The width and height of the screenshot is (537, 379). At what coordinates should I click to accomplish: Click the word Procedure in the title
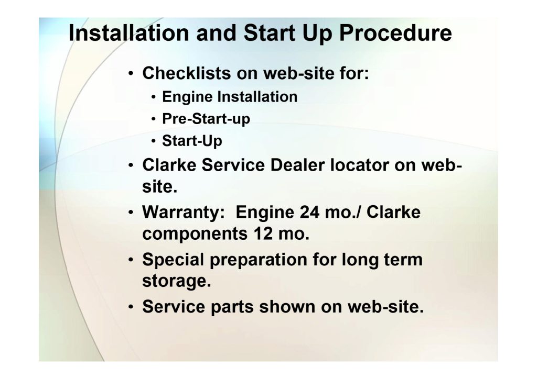[395, 33]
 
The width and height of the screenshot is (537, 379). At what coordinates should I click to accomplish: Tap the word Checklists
[187, 73]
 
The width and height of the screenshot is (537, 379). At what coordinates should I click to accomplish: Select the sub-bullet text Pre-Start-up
[206, 119]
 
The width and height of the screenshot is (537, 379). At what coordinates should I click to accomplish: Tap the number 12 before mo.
[263, 234]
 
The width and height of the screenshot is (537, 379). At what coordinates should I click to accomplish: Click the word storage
[176, 282]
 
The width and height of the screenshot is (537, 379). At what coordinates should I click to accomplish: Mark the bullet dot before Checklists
[131, 73]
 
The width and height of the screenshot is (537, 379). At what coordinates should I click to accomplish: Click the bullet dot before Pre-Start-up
[154, 119]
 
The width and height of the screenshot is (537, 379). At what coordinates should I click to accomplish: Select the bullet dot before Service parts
[131, 307]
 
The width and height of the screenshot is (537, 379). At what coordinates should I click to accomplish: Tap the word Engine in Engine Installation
[187, 97]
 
